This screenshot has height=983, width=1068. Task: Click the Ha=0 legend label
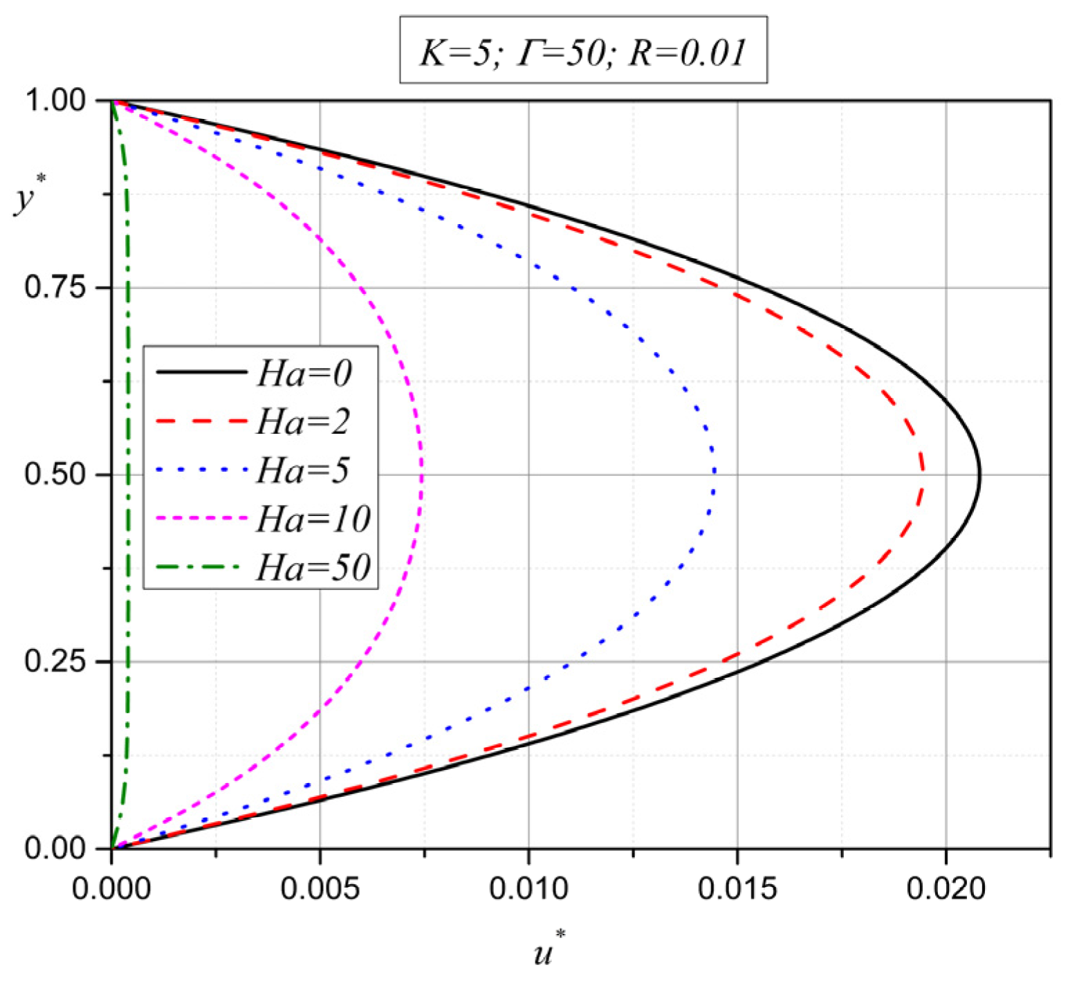click(304, 373)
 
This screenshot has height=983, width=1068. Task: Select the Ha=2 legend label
click(304, 421)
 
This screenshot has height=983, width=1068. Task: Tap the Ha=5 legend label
click(304, 470)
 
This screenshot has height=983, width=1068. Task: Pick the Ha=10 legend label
click(313, 519)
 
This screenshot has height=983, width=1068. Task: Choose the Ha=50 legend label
click(313, 567)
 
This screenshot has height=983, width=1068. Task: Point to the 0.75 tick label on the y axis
click(55, 287)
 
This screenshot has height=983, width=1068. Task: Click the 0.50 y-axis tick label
click(55, 475)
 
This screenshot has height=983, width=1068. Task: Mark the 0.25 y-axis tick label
click(55, 661)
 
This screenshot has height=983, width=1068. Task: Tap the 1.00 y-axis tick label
click(55, 101)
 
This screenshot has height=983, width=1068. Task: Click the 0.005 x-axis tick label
click(320, 889)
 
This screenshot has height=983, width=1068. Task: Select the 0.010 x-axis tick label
click(528, 889)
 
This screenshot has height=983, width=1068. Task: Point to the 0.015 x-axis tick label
click(737, 889)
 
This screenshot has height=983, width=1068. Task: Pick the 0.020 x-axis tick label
click(946, 889)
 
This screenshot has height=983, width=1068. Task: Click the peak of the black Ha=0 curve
click(979, 476)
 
